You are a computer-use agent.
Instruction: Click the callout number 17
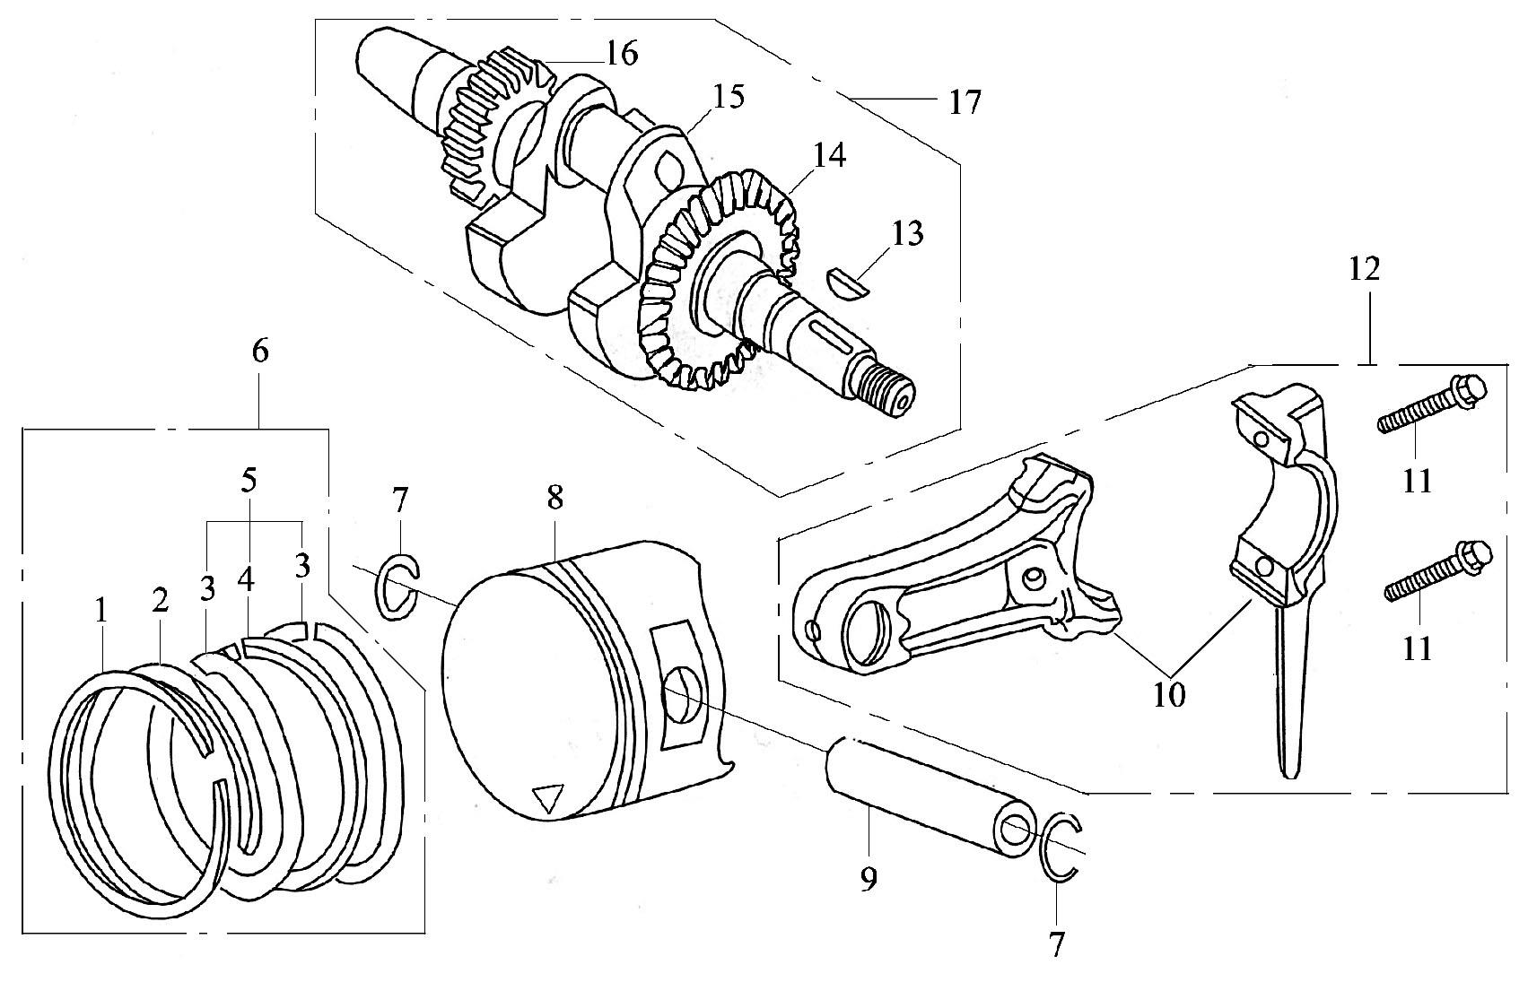964,102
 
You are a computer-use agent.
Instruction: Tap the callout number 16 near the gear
622,53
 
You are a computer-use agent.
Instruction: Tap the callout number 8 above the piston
555,499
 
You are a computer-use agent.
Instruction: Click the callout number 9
868,881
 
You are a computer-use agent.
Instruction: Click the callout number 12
1365,270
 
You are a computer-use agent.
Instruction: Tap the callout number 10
1169,695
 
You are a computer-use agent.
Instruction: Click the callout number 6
260,352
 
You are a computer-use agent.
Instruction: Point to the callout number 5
249,482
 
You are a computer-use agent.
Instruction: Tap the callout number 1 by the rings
101,611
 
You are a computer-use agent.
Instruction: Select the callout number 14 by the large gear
829,155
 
